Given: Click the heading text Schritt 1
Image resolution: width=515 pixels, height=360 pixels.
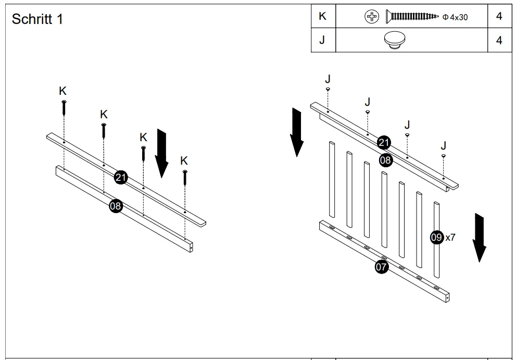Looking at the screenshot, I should (x=37, y=19).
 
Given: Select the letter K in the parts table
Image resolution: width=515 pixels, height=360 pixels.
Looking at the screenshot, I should (x=322, y=16).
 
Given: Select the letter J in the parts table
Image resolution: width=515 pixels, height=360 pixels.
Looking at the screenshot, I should (x=322, y=40).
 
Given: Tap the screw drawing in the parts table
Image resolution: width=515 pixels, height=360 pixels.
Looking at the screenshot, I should (x=411, y=17).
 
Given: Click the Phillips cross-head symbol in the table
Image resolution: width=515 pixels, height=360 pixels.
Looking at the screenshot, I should (x=371, y=17).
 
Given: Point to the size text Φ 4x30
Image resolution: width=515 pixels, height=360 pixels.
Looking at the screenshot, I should (x=455, y=17).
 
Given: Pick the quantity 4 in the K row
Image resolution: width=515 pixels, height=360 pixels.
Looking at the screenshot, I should (x=499, y=16).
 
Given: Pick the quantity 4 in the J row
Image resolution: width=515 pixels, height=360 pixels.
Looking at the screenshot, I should (x=499, y=40).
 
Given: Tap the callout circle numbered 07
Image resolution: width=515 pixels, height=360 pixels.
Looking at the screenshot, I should (x=382, y=267).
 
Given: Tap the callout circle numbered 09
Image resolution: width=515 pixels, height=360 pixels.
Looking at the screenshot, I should (x=436, y=238).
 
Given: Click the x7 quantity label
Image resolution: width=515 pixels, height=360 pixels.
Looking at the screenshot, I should (x=450, y=238).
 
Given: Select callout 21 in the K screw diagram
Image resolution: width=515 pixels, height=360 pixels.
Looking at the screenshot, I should (x=121, y=177).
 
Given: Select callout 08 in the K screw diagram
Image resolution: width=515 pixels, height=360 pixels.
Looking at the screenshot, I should (x=116, y=206).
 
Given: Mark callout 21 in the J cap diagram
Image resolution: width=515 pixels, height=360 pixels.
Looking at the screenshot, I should (x=384, y=142).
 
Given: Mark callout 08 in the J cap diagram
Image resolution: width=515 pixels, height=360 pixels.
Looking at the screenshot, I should (x=385, y=160).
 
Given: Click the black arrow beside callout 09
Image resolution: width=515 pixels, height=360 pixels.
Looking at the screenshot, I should (x=480, y=237).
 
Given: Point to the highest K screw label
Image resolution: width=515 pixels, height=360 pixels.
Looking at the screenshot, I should (x=63, y=91).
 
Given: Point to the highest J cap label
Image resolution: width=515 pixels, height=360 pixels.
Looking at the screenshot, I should (x=328, y=79).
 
